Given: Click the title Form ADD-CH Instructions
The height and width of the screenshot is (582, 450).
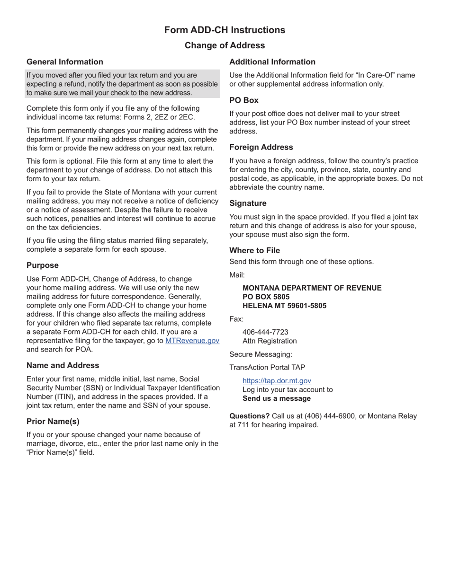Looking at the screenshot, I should [x=225, y=30].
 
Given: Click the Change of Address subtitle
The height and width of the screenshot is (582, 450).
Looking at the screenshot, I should [x=225, y=45].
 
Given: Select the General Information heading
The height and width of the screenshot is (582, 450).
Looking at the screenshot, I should [x=65, y=62].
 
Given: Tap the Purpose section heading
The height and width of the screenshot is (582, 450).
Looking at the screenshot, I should [x=43, y=265].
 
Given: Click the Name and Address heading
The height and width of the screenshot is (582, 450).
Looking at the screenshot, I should [x=63, y=365].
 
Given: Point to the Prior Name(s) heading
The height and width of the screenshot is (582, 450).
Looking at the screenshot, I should [x=53, y=421].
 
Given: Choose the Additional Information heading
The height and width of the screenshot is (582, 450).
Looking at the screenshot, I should [x=272, y=62].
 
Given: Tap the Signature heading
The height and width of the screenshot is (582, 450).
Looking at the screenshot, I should [x=248, y=203].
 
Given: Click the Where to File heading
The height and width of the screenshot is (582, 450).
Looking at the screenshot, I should [x=254, y=250].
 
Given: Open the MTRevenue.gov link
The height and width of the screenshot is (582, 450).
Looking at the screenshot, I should [x=192, y=341].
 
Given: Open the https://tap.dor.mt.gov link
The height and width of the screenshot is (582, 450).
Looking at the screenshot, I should [x=277, y=381].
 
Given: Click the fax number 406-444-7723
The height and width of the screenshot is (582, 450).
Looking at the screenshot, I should [x=265, y=332].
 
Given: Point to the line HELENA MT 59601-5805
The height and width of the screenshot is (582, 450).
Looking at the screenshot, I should [x=284, y=306].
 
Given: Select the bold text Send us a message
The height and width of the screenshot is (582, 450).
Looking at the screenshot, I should [x=277, y=398].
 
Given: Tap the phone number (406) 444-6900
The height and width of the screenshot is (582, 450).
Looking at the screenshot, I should [x=328, y=416].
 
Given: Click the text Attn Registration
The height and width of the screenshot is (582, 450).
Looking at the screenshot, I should [x=270, y=341].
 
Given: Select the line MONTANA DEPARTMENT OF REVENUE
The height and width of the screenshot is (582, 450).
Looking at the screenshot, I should [x=312, y=288].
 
